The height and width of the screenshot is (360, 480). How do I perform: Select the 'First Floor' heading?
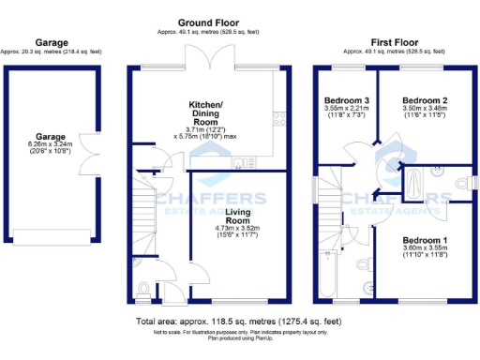(394, 43)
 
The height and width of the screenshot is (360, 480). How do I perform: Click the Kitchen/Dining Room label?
(206, 109)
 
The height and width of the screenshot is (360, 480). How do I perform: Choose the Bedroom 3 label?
(347, 100)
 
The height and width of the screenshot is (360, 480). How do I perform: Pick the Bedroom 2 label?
(425, 100)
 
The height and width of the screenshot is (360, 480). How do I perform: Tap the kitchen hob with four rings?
(277, 118)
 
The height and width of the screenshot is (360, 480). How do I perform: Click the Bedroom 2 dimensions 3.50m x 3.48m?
(425, 110)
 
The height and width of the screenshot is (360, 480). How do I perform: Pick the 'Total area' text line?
(239, 322)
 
